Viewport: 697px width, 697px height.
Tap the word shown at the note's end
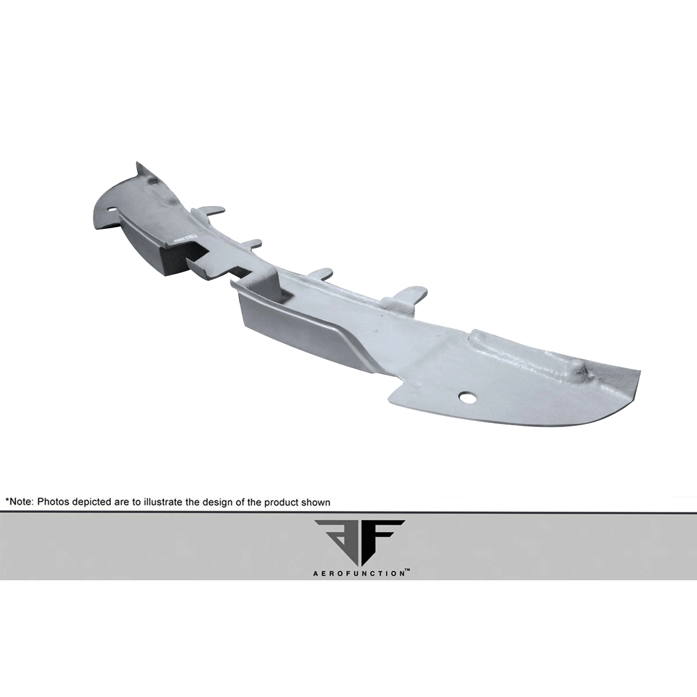click(315, 502)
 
